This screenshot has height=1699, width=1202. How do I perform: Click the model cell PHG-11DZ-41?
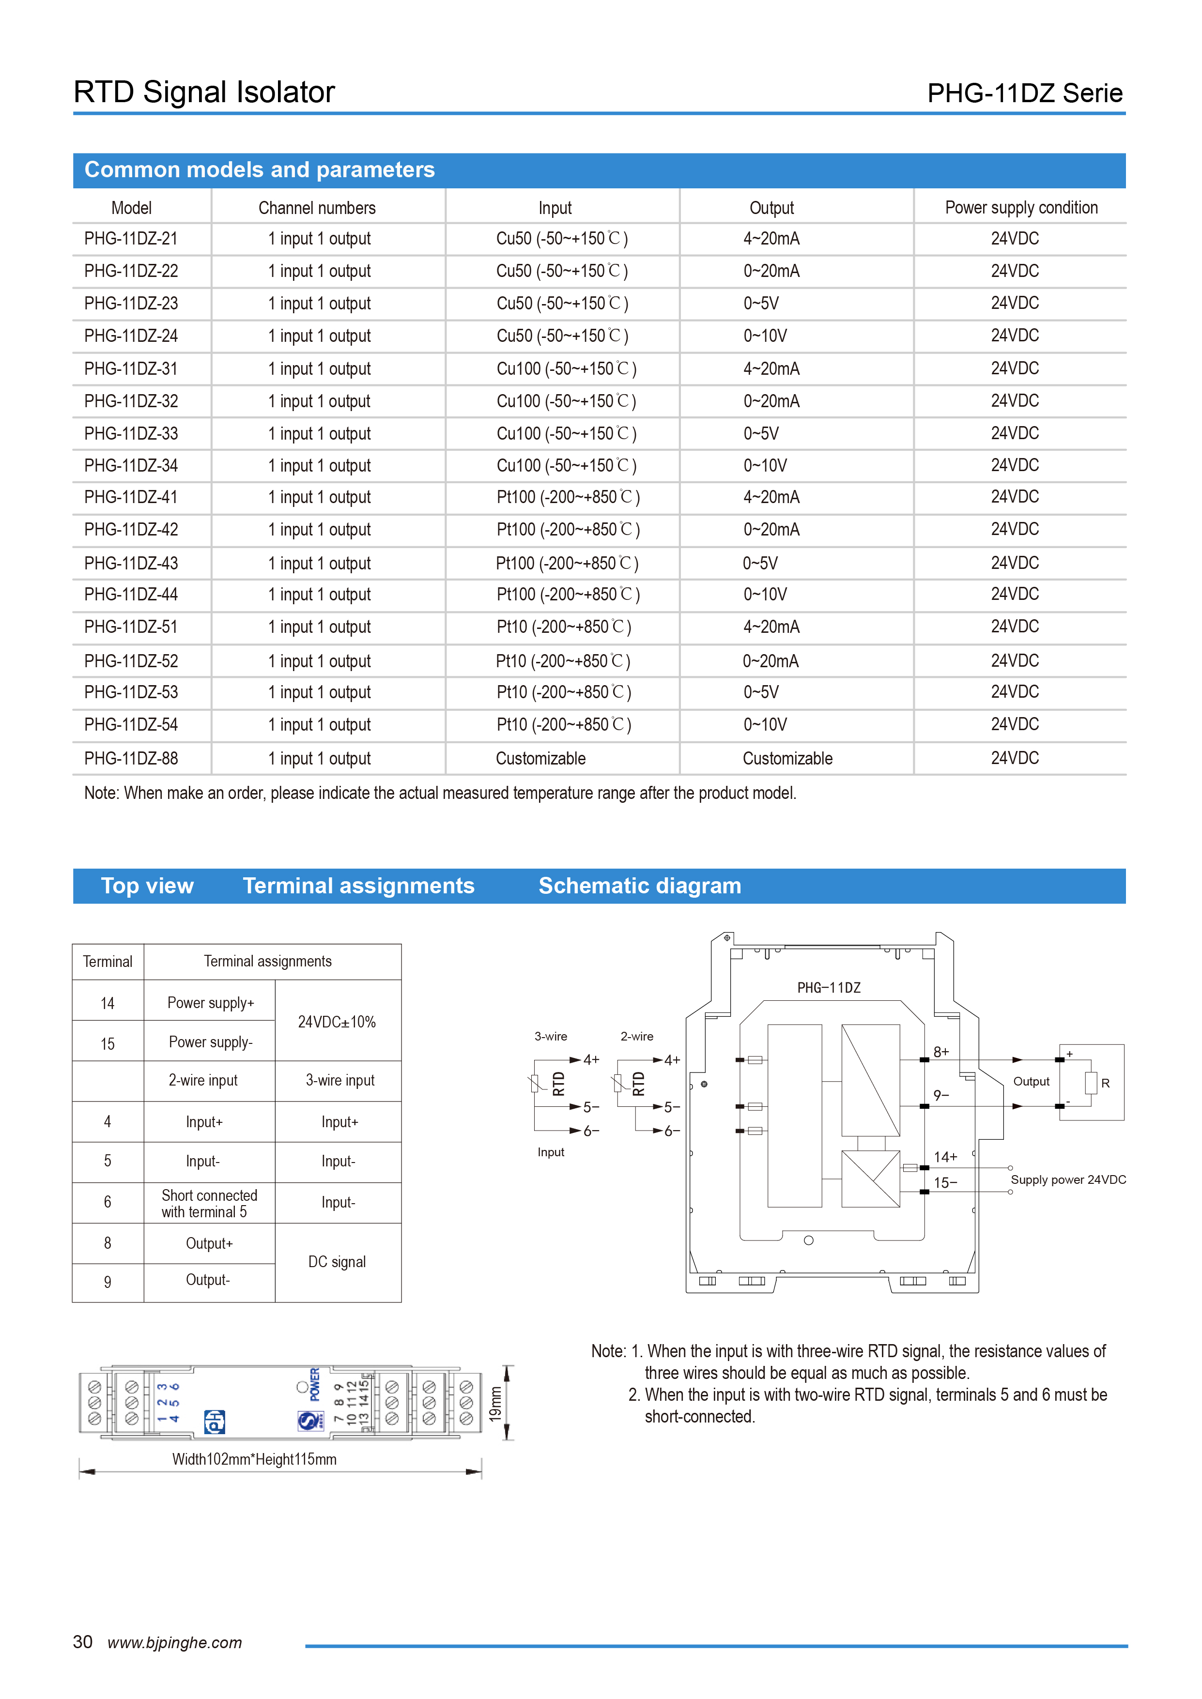point(131,497)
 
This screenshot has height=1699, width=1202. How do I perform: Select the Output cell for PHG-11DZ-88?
point(787,759)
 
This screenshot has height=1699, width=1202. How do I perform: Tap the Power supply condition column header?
point(1021,208)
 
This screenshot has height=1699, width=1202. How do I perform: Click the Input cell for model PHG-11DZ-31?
point(566,368)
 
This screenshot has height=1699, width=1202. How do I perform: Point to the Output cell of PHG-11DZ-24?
point(765,336)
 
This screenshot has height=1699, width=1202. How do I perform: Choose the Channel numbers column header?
point(317,208)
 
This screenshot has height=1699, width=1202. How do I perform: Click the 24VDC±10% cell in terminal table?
point(337,1022)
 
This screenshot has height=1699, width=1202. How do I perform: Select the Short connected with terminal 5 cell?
point(210,1203)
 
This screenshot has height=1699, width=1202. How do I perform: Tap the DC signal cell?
point(337,1262)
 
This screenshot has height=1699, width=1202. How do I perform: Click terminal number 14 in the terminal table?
point(108,1003)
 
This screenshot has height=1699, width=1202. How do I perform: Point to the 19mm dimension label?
point(495,1404)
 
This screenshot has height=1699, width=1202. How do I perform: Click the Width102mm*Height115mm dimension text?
point(254,1459)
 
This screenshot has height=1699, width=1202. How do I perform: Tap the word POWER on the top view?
point(315,1384)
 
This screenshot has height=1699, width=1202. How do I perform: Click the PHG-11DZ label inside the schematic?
point(828,988)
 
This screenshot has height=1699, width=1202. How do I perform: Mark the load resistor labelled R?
point(1091,1083)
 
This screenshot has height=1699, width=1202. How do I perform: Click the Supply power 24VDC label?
point(1068,1179)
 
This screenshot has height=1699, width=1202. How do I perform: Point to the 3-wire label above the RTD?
point(551,1036)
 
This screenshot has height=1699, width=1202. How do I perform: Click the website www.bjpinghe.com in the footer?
point(175,1643)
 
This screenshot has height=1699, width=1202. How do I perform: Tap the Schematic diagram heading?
point(639,886)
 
